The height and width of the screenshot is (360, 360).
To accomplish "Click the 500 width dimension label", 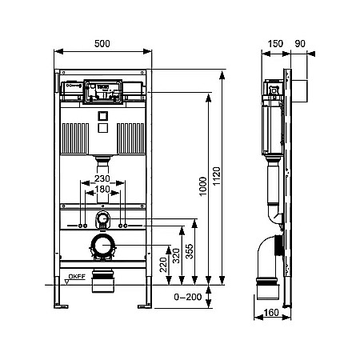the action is coord(102,43).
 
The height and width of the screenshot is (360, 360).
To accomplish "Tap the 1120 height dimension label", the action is coord(216,176).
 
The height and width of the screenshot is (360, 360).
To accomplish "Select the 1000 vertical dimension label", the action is coord(203,186).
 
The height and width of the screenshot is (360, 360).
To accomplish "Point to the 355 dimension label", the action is coord(189,251).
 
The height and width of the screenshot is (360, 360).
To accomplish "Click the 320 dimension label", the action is coord(176,255).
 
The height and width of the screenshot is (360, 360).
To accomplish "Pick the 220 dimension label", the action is coord(163,265).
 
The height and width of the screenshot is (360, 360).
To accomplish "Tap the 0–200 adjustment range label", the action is coord(188,297).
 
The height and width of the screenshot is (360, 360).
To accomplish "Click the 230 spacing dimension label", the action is coord(102,178).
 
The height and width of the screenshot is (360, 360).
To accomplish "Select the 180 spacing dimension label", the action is coord(102,189).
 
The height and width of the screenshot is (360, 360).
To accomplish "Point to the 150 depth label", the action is coord(275,43).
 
